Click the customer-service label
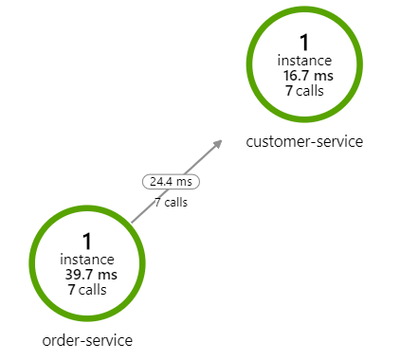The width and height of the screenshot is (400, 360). point(304,142)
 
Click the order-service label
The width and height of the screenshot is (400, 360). point(87,339)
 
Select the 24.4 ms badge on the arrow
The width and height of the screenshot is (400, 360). point(171,180)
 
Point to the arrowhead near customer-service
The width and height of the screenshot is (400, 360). point(218,143)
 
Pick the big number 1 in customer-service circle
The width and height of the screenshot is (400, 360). point(304,43)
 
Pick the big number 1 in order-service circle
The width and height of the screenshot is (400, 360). point(87,241)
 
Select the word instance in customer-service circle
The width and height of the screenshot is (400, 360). point(304,61)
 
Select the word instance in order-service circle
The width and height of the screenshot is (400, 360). point(87,260)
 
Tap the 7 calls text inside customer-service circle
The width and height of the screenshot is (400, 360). point(304,91)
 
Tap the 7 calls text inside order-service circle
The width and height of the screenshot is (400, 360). point(87,290)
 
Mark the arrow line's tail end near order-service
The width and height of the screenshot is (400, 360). point(132,223)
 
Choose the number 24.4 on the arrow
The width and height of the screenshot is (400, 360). point(162,180)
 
